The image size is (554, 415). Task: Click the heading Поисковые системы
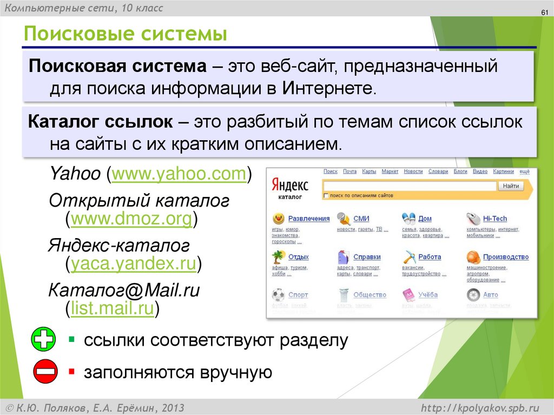124,35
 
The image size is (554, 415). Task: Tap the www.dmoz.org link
131,219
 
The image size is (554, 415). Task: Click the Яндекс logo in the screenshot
290,186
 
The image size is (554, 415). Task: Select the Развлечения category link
308,219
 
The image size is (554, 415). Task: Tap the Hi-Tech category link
494,219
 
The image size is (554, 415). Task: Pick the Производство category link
505,257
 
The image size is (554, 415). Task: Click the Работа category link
430,257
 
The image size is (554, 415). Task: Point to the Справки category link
367,257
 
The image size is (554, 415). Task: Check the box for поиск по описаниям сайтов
326,195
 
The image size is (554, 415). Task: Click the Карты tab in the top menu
369,172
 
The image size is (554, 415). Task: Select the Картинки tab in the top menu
503,172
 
